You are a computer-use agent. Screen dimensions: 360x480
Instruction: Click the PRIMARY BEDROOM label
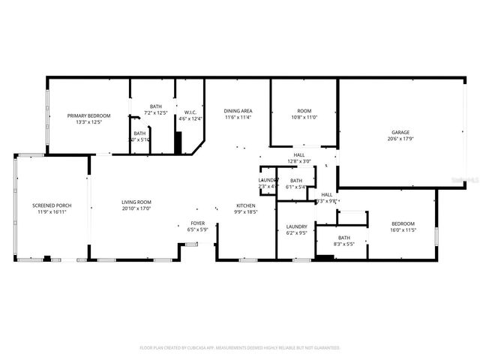(88, 115)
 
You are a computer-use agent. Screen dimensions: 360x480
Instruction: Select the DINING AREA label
(238, 111)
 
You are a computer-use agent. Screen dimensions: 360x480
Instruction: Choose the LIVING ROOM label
(136, 202)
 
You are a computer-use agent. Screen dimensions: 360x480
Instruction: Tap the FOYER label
(196, 223)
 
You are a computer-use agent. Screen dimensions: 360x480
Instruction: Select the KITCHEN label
(246, 205)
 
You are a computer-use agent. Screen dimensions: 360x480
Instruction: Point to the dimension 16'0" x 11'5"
(403, 230)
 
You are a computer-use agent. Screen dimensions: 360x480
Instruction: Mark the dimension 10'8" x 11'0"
(304, 118)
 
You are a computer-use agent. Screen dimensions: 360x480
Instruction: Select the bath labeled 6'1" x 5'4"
(296, 180)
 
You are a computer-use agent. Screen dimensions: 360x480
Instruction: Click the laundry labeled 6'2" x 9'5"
(297, 226)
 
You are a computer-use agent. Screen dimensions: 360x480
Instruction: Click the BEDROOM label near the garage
(403, 223)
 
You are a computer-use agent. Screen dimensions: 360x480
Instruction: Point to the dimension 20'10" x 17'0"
(136, 208)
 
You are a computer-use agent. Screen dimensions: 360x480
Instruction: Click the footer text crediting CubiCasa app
(240, 348)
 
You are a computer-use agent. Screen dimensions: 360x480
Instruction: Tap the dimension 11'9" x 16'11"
(49, 212)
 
